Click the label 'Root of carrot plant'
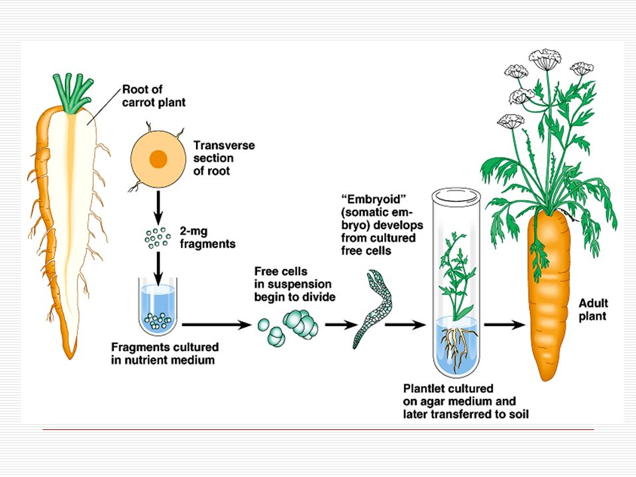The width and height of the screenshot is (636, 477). click(154, 96)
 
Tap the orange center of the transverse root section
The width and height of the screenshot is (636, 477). click(158, 159)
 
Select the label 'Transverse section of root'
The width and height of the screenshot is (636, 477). click(223, 158)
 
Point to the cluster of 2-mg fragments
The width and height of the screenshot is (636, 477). click(158, 237)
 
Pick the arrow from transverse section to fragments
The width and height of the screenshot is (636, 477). click(158, 207)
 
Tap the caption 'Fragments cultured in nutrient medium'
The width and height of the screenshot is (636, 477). click(164, 354)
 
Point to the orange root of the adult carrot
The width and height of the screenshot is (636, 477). click(550, 298)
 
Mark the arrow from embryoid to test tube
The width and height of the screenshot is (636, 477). click(405, 325)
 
